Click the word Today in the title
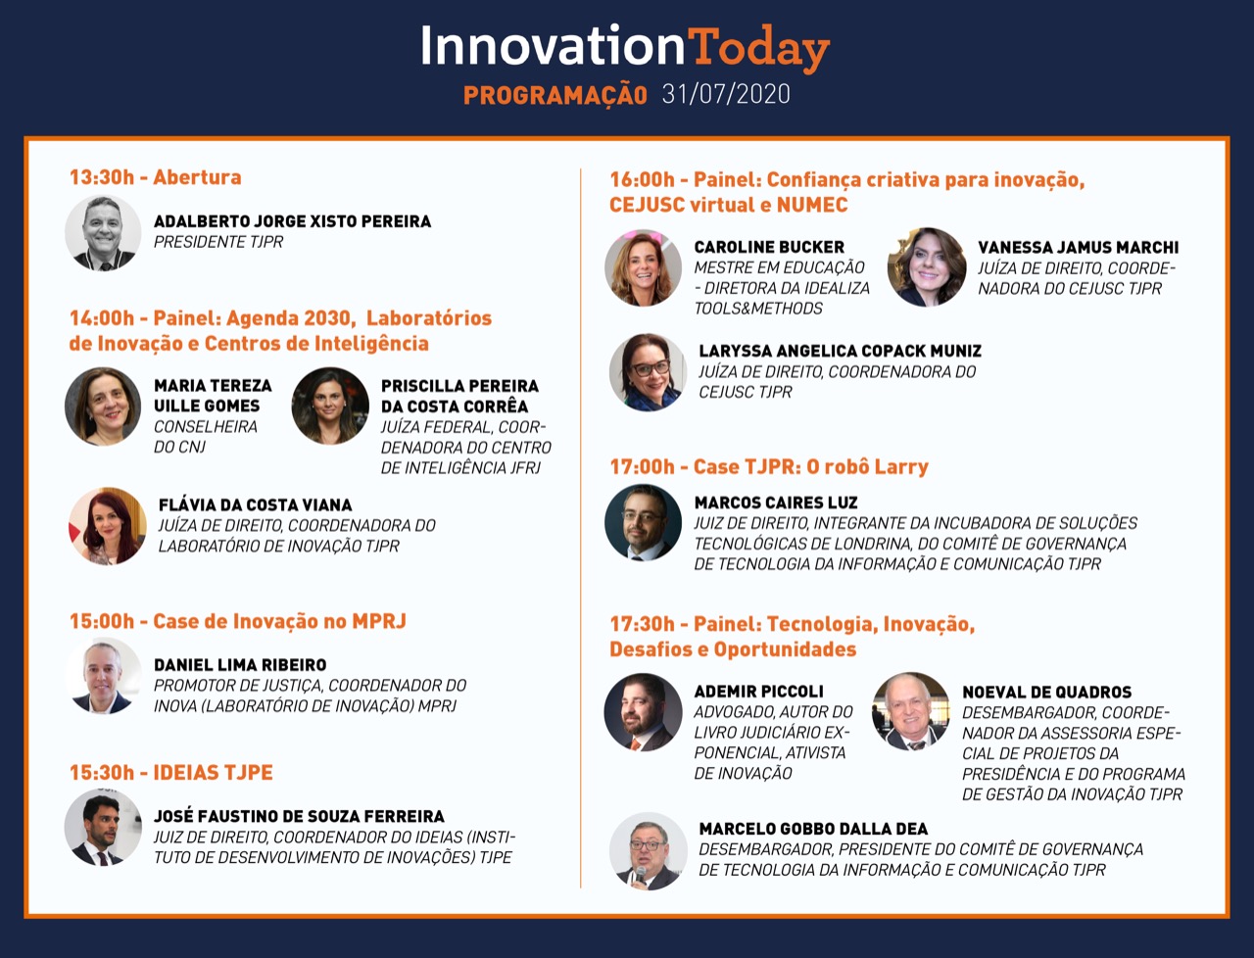(758, 48)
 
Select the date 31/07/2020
(726, 94)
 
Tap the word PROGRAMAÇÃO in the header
(555, 95)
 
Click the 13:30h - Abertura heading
(156, 177)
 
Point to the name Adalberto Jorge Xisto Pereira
(293, 221)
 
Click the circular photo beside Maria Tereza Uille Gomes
(103, 407)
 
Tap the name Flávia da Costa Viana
(256, 505)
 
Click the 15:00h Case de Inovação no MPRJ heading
(238, 621)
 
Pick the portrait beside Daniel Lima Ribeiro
(103, 676)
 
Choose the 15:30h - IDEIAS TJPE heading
(171, 772)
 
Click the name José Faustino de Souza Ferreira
(300, 816)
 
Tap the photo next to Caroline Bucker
(644, 268)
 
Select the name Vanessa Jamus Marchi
(1078, 248)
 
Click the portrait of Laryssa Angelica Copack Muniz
(648, 372)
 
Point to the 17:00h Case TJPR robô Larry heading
(769, 466)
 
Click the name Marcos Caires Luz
(776, 503)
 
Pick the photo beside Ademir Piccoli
(644, 712)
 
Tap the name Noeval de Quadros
(1046, 692)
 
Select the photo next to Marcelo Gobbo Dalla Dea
(648, 851)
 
